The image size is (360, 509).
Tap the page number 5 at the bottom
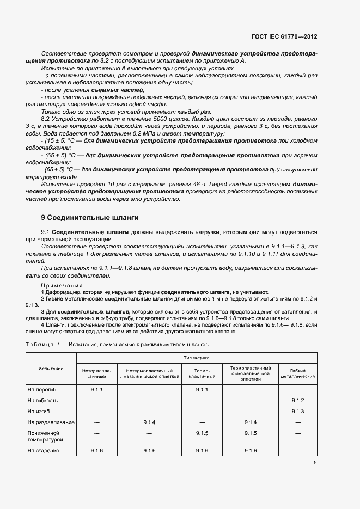(x=315, y=463)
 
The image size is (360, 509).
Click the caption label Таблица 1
(x=40, y=345)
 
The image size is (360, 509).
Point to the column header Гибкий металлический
(x=297, y=373)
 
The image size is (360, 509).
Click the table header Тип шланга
(x=197, y=358)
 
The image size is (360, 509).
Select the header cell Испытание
(x=51, y=369)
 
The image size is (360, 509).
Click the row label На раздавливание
(x=51, y=422)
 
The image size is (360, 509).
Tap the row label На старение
(x=43, y=450)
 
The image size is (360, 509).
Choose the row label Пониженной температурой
(x=45, y=436)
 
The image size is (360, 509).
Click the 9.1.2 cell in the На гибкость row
(x=297, y=401)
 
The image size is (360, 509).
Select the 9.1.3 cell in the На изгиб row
(x=297, y=411)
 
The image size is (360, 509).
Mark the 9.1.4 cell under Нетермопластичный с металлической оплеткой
(x=149, y=422)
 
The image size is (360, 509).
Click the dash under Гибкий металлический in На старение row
(x=297, y=451)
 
